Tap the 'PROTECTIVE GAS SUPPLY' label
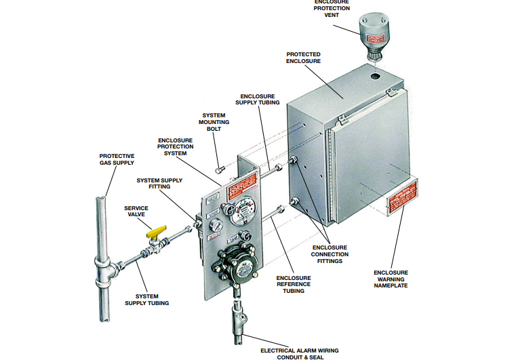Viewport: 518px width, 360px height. (x=117, y=159)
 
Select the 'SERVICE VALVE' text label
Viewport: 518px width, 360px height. (x=136, y=212)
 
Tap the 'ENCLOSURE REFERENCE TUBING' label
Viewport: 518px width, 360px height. (x=294, y=284)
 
